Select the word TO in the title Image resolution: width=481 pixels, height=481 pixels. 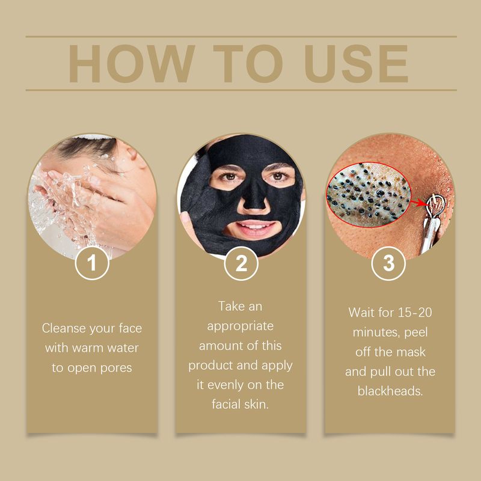point(241,63)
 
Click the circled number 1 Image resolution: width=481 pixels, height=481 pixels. point(92,263)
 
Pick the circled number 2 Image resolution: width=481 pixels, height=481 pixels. point(240,263)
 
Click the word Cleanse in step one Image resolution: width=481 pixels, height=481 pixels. point(63,329)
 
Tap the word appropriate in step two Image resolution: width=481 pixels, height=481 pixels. point(240,326)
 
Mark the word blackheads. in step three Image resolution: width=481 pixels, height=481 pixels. point(390,391)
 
